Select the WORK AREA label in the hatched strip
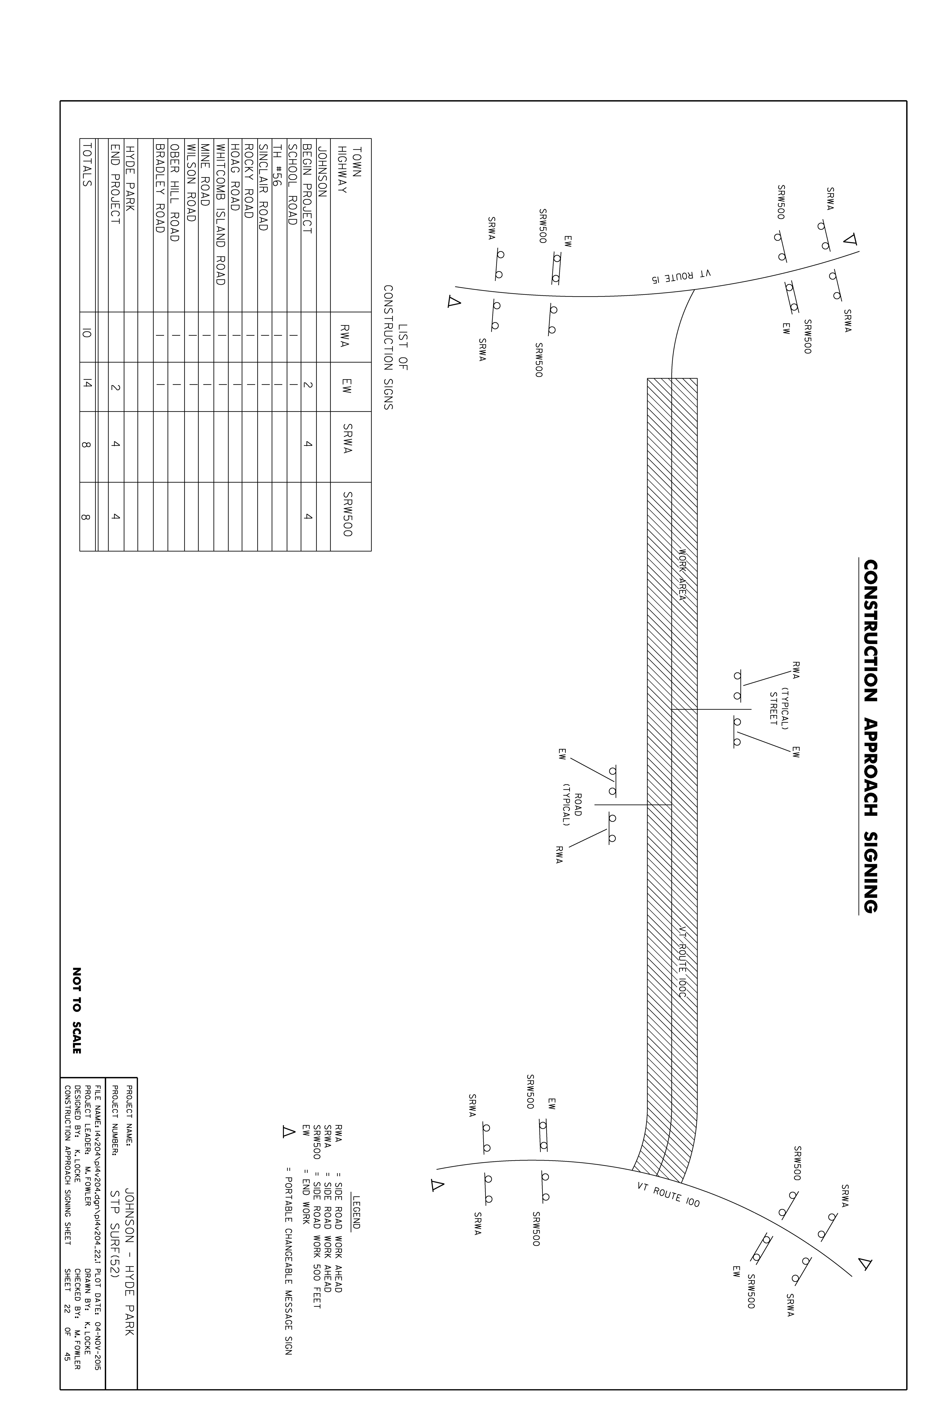point(682,575)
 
